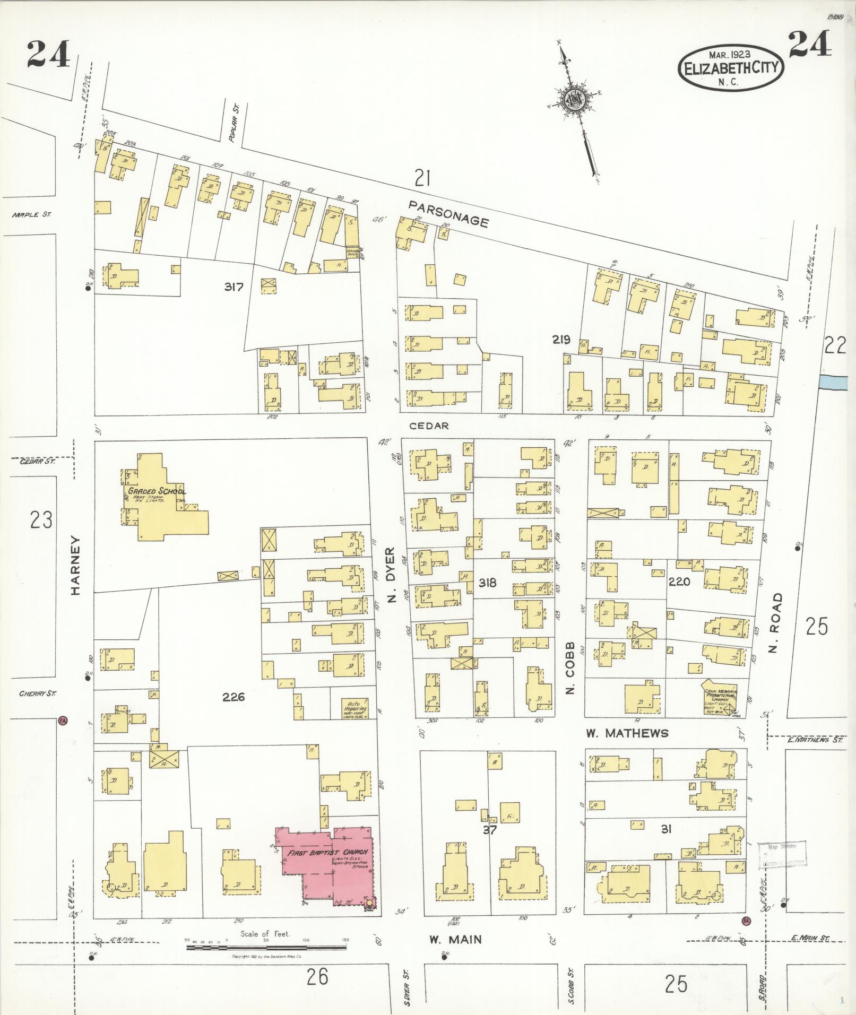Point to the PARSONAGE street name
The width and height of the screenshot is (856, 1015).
coord(449,213)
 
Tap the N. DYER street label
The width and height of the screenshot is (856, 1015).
coord(392,575)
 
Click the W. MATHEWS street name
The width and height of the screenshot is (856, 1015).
coord(627,733)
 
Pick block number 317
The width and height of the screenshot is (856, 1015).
coord(234,287)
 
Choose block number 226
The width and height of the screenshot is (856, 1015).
coord(234,697)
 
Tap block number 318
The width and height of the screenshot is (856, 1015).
coord(487,583)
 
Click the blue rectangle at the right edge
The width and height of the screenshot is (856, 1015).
coord(837,381)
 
